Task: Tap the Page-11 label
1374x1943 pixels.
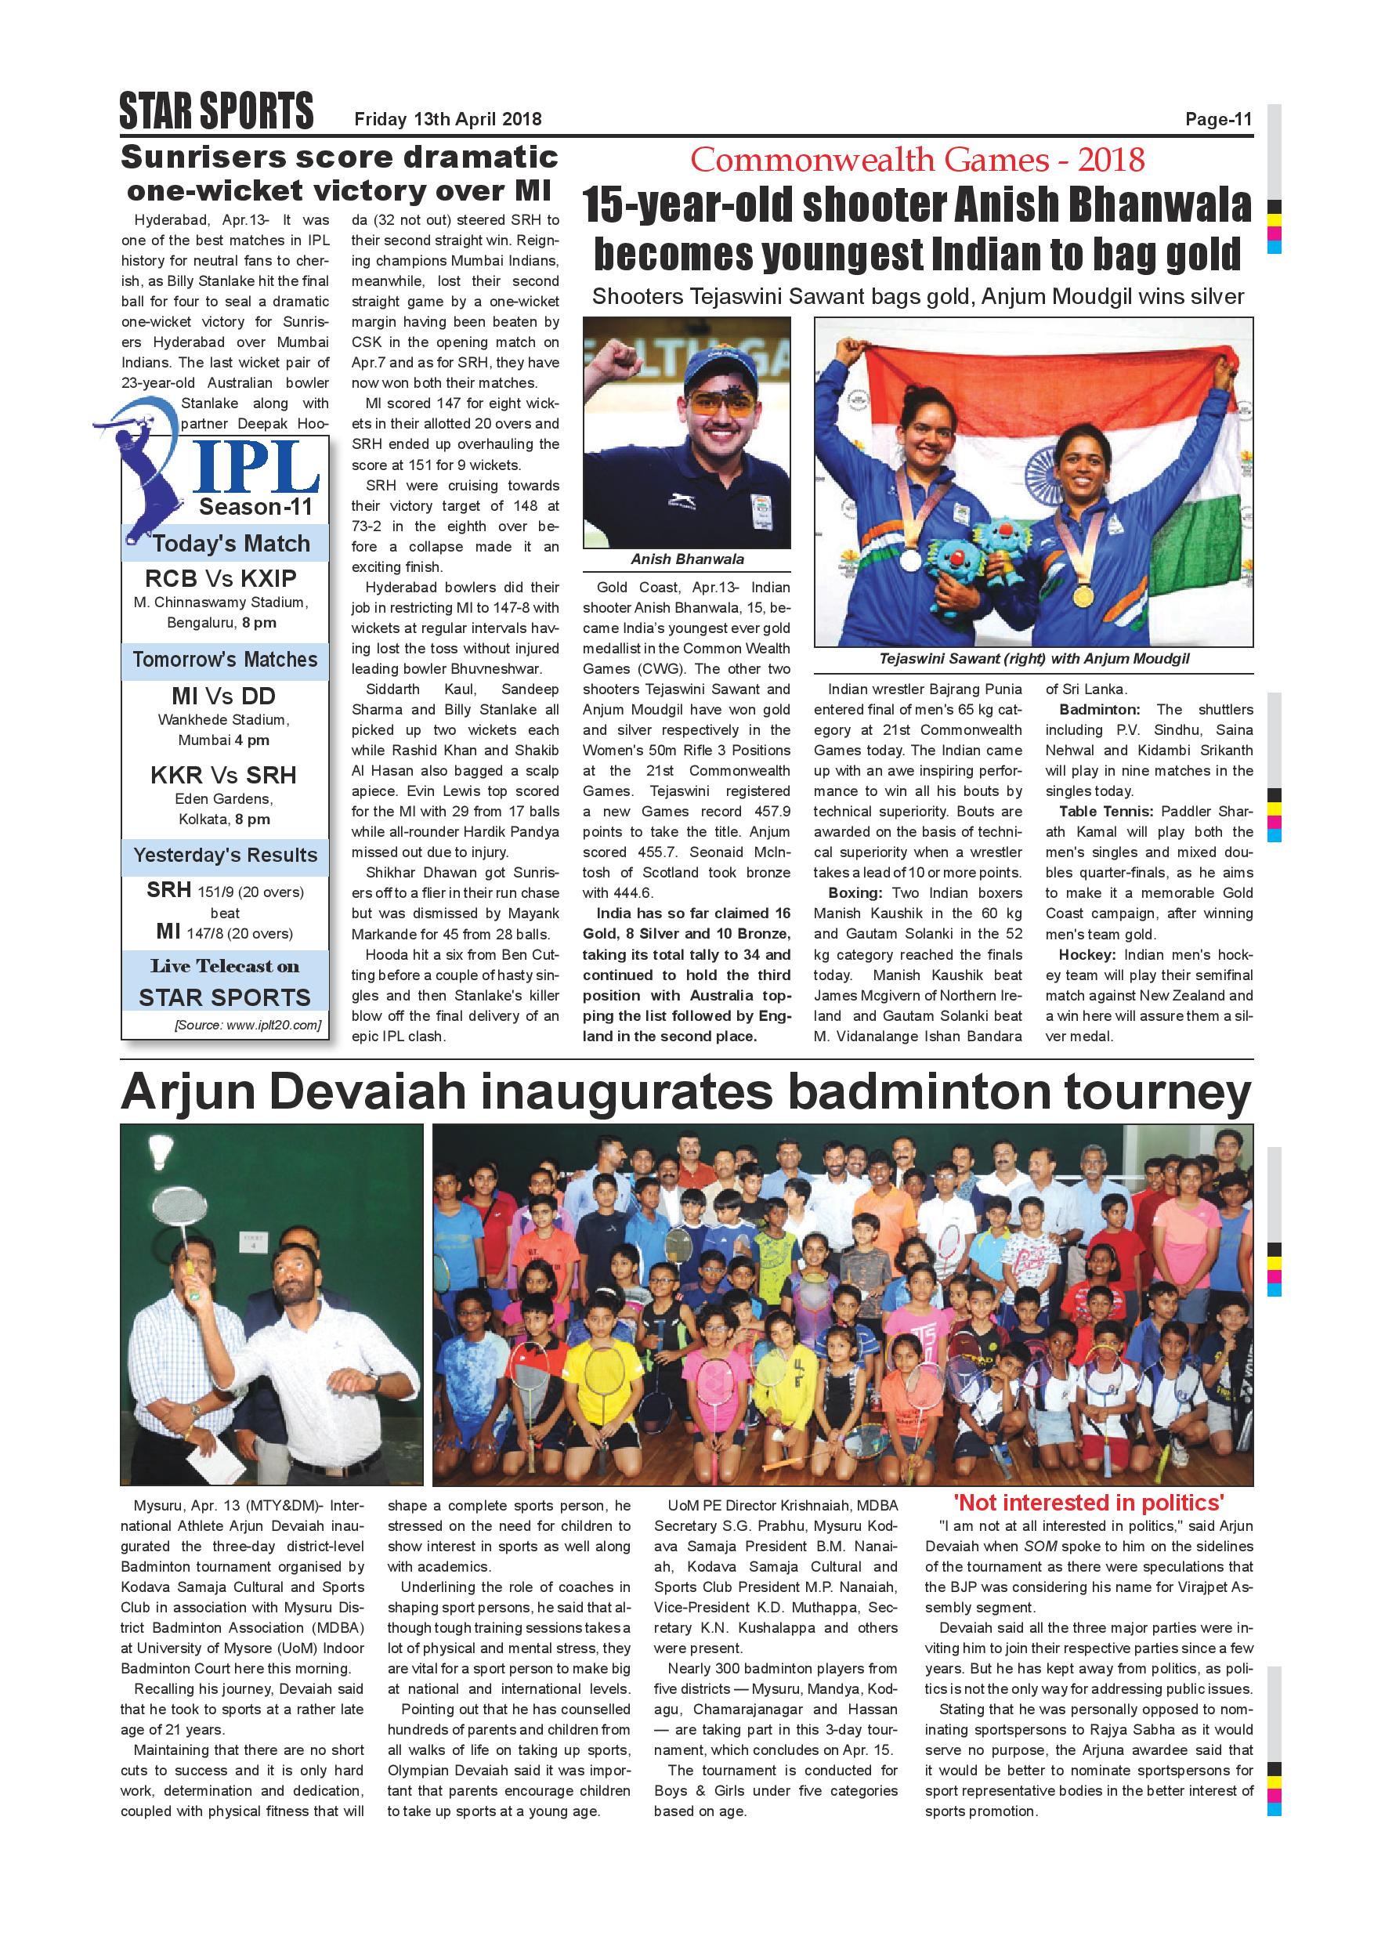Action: coord(1217,119)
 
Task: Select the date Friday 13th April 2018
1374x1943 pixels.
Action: coord(447,119)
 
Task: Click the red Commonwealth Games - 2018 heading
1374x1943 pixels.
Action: coord(917,159)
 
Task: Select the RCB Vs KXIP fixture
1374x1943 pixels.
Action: coord(221,579)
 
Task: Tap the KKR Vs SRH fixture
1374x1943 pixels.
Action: coord(223,775)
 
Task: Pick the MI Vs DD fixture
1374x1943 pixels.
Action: coord(223,697)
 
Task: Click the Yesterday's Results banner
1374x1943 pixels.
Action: coord(225,855)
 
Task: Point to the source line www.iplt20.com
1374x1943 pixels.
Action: coord(248,1026)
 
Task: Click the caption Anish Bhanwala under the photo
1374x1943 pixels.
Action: coord(686,559)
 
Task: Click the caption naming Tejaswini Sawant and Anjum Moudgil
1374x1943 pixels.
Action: coord(1033,658)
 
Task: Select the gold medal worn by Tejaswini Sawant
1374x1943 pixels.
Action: coord(1083,595)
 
